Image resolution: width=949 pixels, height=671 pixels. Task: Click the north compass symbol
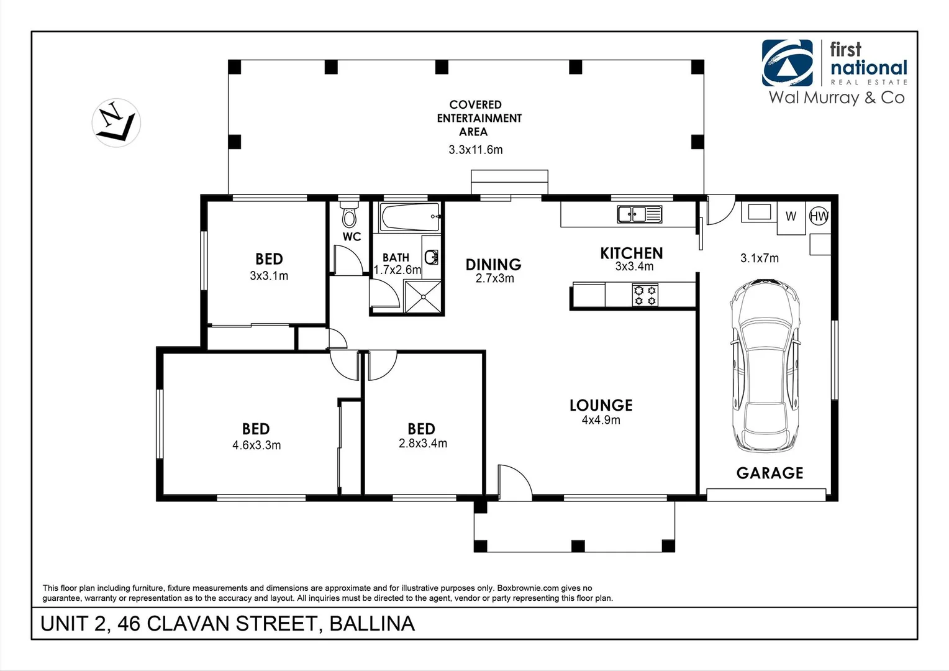coord(116,122)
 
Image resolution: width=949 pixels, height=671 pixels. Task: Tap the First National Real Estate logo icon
coord(787,63)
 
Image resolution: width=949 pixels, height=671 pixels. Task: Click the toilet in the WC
coord(350,215)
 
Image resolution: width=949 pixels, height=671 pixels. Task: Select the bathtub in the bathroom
coord(411,217)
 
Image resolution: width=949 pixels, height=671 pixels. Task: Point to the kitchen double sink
coord(639,214)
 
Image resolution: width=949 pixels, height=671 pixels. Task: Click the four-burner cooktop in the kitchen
coord(645,295)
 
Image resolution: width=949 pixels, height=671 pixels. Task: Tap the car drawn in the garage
coord(765,366)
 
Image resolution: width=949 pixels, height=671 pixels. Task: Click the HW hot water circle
coord(819,216)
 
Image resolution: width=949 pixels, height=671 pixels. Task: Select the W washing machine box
coord(791,217)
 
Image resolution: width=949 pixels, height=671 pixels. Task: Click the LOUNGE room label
coord(601,405)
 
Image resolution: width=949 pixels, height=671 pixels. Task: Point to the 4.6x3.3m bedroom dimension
coord(257,445)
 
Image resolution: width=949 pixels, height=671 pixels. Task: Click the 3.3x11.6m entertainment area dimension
coord(476,150)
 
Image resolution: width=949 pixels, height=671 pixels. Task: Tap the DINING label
coord(493,265)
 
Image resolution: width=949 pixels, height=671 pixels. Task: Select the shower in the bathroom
coord(423,296)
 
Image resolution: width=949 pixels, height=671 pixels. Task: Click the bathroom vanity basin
coord(431,256)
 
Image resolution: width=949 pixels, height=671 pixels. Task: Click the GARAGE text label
coord(770,473)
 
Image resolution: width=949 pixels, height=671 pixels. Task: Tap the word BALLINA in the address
coord(371,624)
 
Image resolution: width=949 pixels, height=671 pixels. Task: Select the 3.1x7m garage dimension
coord(759,258)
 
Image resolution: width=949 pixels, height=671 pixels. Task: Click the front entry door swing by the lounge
coord(514,482)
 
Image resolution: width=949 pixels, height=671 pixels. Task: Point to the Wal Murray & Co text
coord(836,98)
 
